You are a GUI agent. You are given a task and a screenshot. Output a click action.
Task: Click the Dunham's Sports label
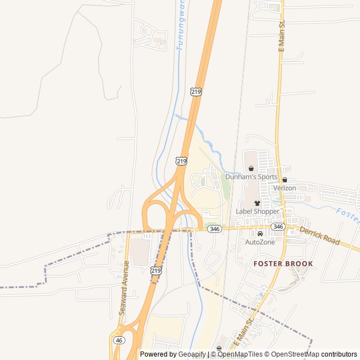pos(251,177)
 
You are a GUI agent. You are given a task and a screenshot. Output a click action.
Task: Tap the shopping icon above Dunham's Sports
pos(251,168)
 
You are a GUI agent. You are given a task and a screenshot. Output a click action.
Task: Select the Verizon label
pos(285,188)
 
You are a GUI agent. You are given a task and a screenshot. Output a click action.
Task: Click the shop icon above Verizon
pos(285,180)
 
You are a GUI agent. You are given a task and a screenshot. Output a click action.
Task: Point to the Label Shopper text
pos(258,211)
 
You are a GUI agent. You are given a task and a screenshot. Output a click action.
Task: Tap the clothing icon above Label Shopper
pos(258,203)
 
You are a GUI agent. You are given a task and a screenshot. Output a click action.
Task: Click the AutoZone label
pos(260,242)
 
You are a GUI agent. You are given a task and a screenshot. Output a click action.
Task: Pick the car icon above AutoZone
pos(260,233)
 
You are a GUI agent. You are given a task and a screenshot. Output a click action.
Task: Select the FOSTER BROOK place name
pos(283,263)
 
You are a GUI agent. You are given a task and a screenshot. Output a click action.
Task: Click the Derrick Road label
pos(319,235)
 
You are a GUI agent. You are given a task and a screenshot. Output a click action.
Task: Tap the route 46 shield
pos(119,340)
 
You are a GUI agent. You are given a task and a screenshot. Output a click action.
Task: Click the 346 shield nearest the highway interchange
pos(214,229)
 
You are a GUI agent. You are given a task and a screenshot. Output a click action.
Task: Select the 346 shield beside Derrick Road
pos(278,226)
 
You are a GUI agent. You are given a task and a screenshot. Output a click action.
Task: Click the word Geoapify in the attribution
pos(192,354)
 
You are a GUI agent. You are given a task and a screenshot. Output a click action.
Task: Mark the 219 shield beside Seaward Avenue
pos(156,271)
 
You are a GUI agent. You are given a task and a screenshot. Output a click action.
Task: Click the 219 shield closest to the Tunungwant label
pos(196,91)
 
